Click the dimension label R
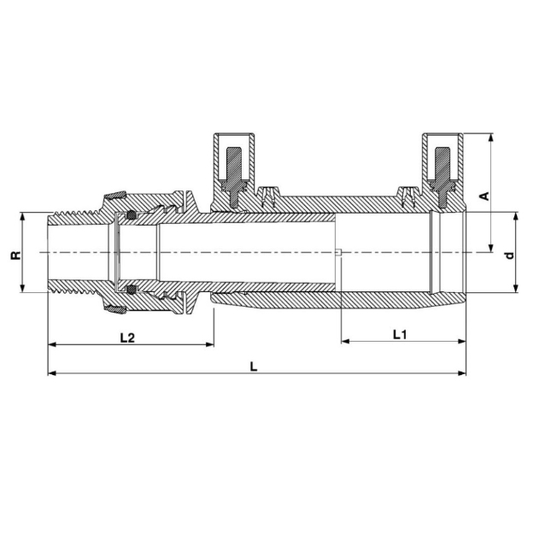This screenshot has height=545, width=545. (16, 255)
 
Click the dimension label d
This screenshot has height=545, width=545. (509, 255)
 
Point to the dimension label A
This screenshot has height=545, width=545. (484, 196)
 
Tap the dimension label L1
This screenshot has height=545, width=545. (400, 335)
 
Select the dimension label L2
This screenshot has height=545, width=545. (127, 337)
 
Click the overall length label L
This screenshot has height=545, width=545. (254, 366)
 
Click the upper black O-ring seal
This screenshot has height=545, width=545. (131, 215)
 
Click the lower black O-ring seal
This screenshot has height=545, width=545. (131, 289)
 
